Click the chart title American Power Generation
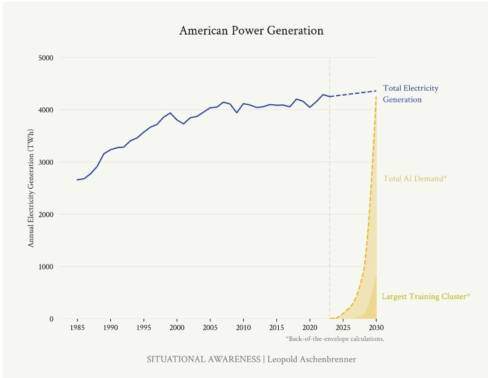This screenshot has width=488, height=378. point(251,31)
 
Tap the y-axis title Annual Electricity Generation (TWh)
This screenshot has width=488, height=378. point(31,189)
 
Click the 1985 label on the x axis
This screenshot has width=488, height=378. point(77,327)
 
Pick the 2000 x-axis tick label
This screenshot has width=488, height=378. point(177,327)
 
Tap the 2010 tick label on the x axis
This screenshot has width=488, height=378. point(243,327)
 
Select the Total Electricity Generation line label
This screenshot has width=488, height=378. point(410,94)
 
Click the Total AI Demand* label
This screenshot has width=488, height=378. point(415,179)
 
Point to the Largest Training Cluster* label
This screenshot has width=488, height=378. point(426,297)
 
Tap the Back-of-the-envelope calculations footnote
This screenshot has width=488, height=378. point(335,339)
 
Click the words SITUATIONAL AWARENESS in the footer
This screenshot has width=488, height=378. point(204,359)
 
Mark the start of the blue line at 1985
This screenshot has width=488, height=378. point(77,180)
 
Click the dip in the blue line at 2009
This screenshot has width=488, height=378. point(237,113)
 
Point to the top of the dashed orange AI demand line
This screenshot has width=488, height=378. point(376,97)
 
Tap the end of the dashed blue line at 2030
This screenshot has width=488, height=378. point(376,91)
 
